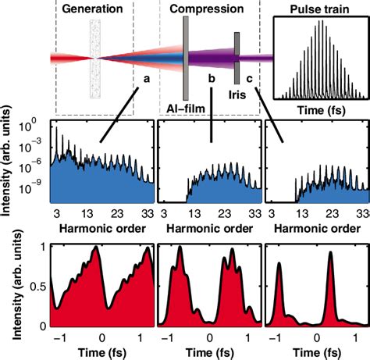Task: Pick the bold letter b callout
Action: [x=211, y=78]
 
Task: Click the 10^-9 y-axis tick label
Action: [x=34, y=188]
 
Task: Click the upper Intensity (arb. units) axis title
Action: [x=8, y=164]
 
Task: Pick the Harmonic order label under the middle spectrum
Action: [x=209, y=227]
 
